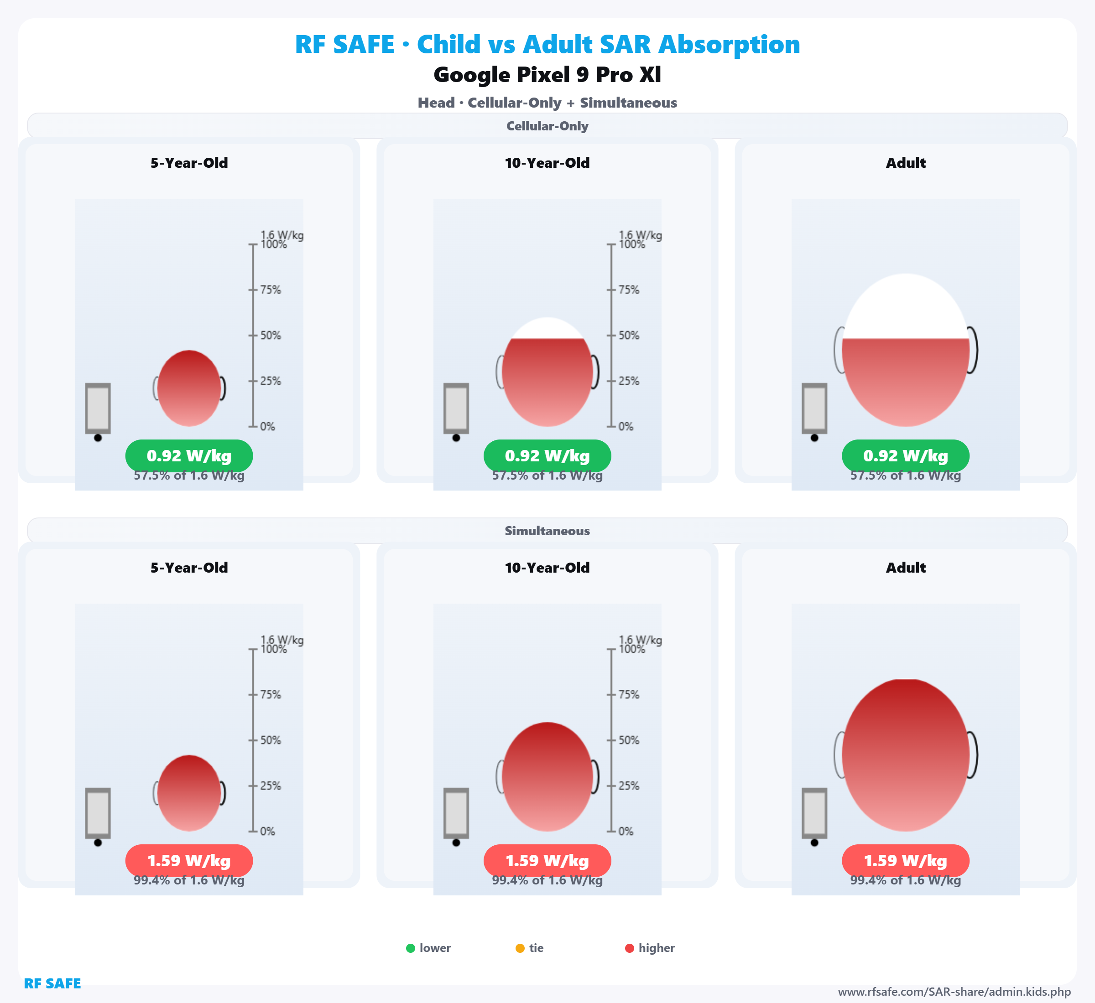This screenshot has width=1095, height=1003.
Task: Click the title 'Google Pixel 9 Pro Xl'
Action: (547, 75)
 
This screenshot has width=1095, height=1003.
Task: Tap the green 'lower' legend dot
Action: (411, 948)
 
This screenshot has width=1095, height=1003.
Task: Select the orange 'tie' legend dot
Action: (520, 948)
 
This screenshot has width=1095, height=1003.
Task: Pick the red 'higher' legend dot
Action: (630, 948)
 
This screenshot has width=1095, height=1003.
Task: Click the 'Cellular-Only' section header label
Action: (547, 126)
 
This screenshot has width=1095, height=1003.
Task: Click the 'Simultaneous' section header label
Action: (547, 531)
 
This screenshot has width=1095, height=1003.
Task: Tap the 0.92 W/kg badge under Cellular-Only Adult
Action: (906, 456)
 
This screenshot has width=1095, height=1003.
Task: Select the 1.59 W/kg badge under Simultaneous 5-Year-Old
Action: (189, 861)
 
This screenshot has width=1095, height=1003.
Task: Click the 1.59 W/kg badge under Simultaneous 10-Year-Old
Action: (547, 861)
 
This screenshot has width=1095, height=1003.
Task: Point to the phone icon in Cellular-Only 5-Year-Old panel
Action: (98, 408)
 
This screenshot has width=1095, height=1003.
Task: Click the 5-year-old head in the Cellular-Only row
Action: (189, 388)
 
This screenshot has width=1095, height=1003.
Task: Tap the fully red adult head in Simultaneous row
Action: (906, 755)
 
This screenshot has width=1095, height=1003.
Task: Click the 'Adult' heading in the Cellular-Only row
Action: (906, 163)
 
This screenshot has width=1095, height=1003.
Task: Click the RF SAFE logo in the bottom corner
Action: (52, 983)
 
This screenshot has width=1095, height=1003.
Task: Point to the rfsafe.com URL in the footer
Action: (954, 992)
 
